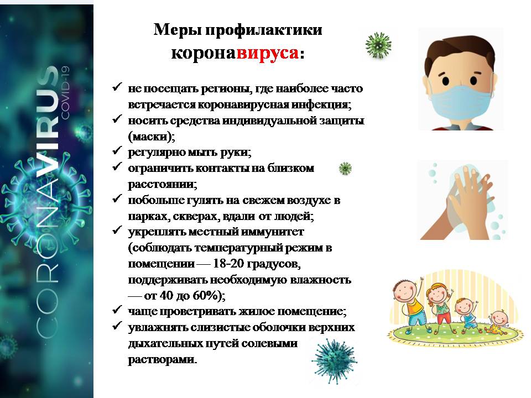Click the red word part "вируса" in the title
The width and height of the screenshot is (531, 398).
pos(268,53)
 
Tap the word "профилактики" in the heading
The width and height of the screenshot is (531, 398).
pos(264,30)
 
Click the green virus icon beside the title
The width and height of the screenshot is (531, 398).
pos(378,45)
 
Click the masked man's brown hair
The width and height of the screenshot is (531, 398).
pos(460,51)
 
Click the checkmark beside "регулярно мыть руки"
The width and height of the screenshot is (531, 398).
pos(117,150)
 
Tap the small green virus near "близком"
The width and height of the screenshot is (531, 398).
pos(345,168)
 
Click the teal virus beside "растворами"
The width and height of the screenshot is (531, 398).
pos(334,361)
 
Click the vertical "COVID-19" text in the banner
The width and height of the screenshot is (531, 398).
pos(65,92)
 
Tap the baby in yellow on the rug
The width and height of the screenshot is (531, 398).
pos(497,323)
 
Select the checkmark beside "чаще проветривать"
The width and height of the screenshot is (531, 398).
pos(117,310)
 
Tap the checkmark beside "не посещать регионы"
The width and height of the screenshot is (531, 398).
pos(117,87)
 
